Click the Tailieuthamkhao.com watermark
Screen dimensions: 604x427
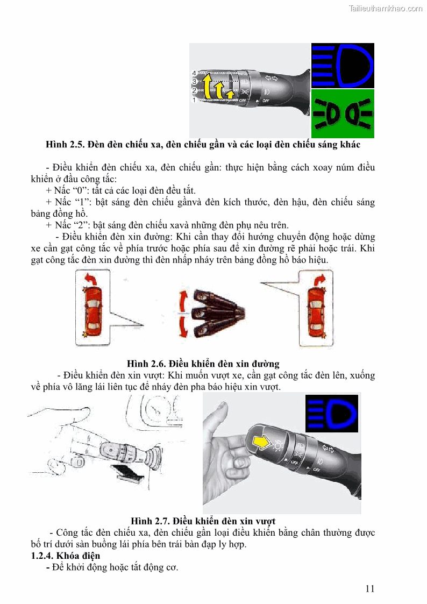(x=386, y=8)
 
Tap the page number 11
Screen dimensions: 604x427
(x=369, y=588)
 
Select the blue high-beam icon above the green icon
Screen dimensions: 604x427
(x=343, y=65)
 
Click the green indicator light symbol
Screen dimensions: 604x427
(x=343, y=113)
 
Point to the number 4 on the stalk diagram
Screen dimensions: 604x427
(x=194, y=73)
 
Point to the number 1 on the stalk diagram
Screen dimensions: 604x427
(x=194, y=100)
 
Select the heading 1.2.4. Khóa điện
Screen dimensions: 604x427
(x=65, y=555)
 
